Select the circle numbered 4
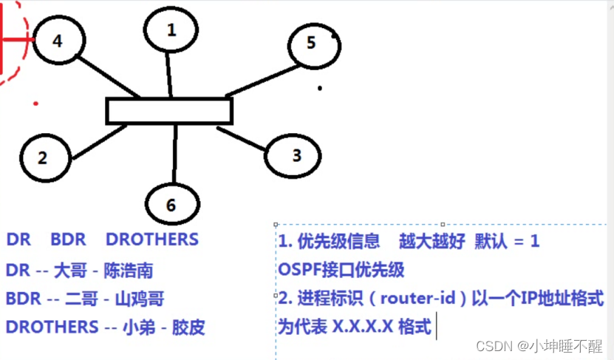pos(57,41)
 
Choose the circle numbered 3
pos(296,154)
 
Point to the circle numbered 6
pos(172,204)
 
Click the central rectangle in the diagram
pos(169,111)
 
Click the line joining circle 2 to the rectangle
pos(100,141)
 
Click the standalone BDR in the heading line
pos(68,240)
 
